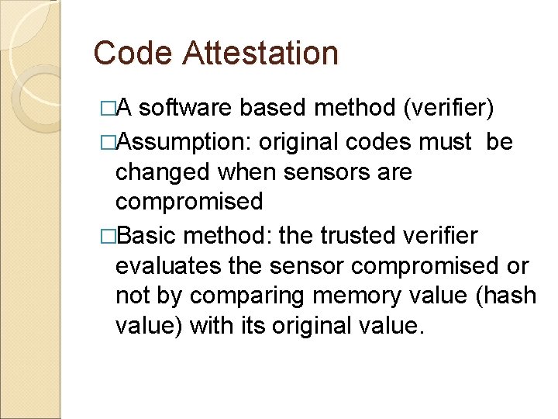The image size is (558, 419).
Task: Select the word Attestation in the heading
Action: click(x=261, y=54)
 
